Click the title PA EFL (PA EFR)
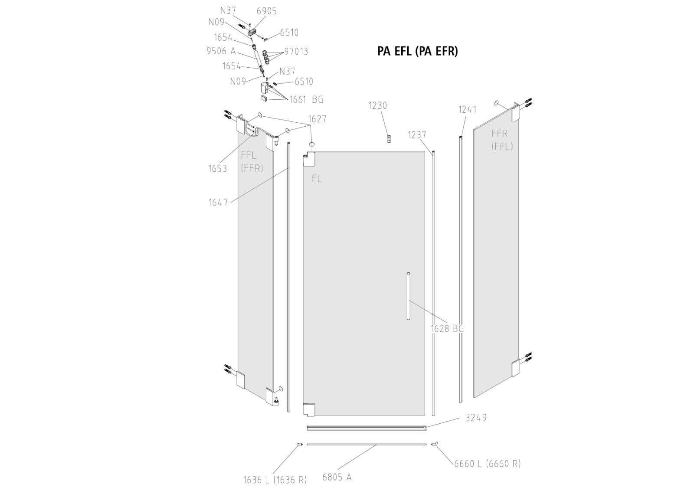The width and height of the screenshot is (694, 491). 417,51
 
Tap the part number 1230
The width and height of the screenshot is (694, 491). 378,105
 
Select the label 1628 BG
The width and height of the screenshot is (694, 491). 447,329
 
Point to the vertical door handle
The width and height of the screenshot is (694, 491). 408,296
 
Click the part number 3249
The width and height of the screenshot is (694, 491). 476,418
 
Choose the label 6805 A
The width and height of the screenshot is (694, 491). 337,477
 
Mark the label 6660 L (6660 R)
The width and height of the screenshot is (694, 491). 487,463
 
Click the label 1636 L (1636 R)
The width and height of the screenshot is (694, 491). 275,480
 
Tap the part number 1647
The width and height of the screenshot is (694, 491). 218,202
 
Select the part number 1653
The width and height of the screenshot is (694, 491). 218,169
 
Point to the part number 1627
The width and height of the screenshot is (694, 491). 317,119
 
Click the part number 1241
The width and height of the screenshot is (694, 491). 468,110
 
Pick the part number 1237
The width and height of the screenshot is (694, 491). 417,135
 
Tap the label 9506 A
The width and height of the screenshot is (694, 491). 221,51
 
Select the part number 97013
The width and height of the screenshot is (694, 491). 296,52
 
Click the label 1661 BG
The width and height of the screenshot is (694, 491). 307,100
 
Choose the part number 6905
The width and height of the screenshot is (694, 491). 266,11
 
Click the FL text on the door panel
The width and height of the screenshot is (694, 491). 317,178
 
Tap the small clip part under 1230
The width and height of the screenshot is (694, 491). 389,138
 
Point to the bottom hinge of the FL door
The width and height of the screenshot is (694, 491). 309,409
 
